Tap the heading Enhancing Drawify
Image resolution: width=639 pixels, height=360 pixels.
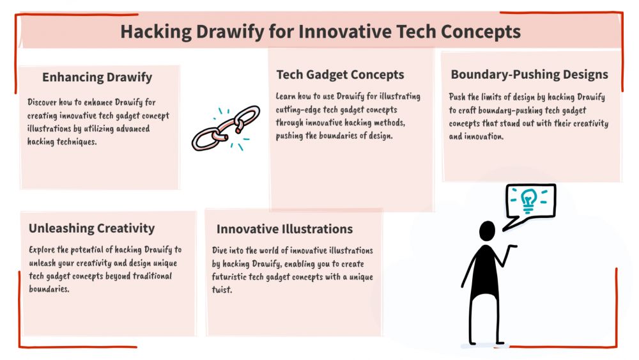[97, 77]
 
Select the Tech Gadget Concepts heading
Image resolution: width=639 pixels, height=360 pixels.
[341, 75]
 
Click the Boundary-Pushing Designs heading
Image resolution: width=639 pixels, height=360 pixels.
[529, 74]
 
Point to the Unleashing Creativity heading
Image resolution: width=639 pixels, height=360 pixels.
[91, 228]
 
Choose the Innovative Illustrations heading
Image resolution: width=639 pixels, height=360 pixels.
[284, 229]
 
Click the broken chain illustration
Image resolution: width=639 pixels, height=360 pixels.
[226, 128]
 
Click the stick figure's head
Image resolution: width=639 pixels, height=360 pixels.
[487, 231]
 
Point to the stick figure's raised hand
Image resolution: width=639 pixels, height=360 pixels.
[512, 247]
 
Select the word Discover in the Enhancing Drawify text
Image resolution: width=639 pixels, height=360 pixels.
[42, 102]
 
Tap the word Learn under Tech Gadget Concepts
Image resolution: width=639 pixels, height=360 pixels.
[285, 96]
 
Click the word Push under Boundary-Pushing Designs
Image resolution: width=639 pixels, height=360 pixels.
[457, 97]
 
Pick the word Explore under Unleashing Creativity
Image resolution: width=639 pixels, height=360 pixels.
[42, 249]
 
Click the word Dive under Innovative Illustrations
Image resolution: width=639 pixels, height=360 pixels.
[219, 250]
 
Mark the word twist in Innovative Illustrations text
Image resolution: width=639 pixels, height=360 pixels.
[222, 290]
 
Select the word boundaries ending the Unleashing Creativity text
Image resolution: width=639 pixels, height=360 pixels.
[49, 289]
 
